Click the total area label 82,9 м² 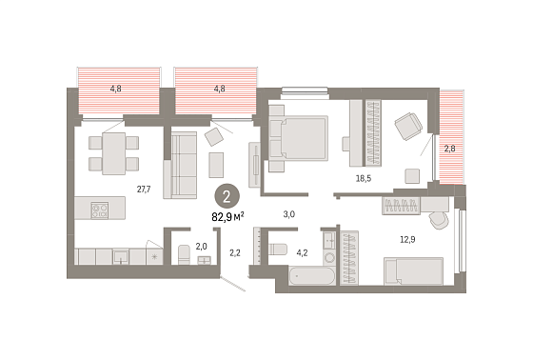pos(227,216)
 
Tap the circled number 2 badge pos(227,197)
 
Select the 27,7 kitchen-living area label pos(144,190)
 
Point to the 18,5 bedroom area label pos(364,178)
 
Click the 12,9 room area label pos(407,240)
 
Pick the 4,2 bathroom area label pos(302,252)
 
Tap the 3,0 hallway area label pos(289,214)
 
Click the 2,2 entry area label pos(235,252)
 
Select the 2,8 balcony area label pos(449,149)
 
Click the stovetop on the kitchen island pos(100,210)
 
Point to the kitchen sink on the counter pos(121,256)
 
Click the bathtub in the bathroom pos(312,276)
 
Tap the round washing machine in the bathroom pos(328,257)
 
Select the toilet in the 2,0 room pos(184,254)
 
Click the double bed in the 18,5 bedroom pos(299,138)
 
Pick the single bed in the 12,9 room pos(413,271)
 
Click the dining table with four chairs pos(114,153)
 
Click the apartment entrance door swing pos(233,284)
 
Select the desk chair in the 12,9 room pos(439,220)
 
